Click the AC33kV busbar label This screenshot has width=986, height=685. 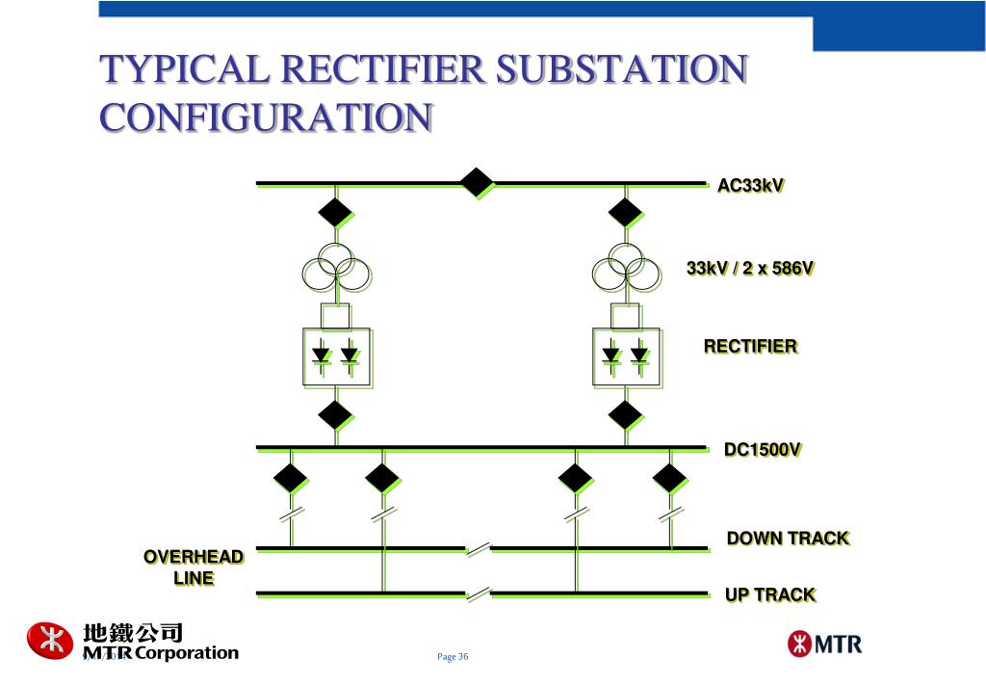[750, 186]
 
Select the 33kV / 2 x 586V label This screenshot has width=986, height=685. [750, 268]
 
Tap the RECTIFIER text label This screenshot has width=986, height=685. [750, 346]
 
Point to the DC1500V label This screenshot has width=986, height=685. [763, 450]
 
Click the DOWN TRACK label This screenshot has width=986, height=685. [788, 538]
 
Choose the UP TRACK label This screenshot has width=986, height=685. [770, 594]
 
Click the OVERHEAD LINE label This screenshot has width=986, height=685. [194, 567]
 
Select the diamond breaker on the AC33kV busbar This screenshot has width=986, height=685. [477, 182]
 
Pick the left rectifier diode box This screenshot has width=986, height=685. [336, 357]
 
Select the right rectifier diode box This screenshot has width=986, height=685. [626, 357]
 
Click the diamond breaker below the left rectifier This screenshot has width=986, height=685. [335, 415]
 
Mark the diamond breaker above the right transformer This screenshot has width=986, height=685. [625, 211]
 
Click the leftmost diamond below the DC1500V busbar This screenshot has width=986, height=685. [290, 477]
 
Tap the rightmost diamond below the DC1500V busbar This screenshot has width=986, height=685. [669, 477]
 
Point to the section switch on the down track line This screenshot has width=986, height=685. [479, 549]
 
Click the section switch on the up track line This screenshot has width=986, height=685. [479, 594]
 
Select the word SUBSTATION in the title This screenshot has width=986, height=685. [621, 69]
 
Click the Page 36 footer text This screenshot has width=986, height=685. [453, 657]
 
